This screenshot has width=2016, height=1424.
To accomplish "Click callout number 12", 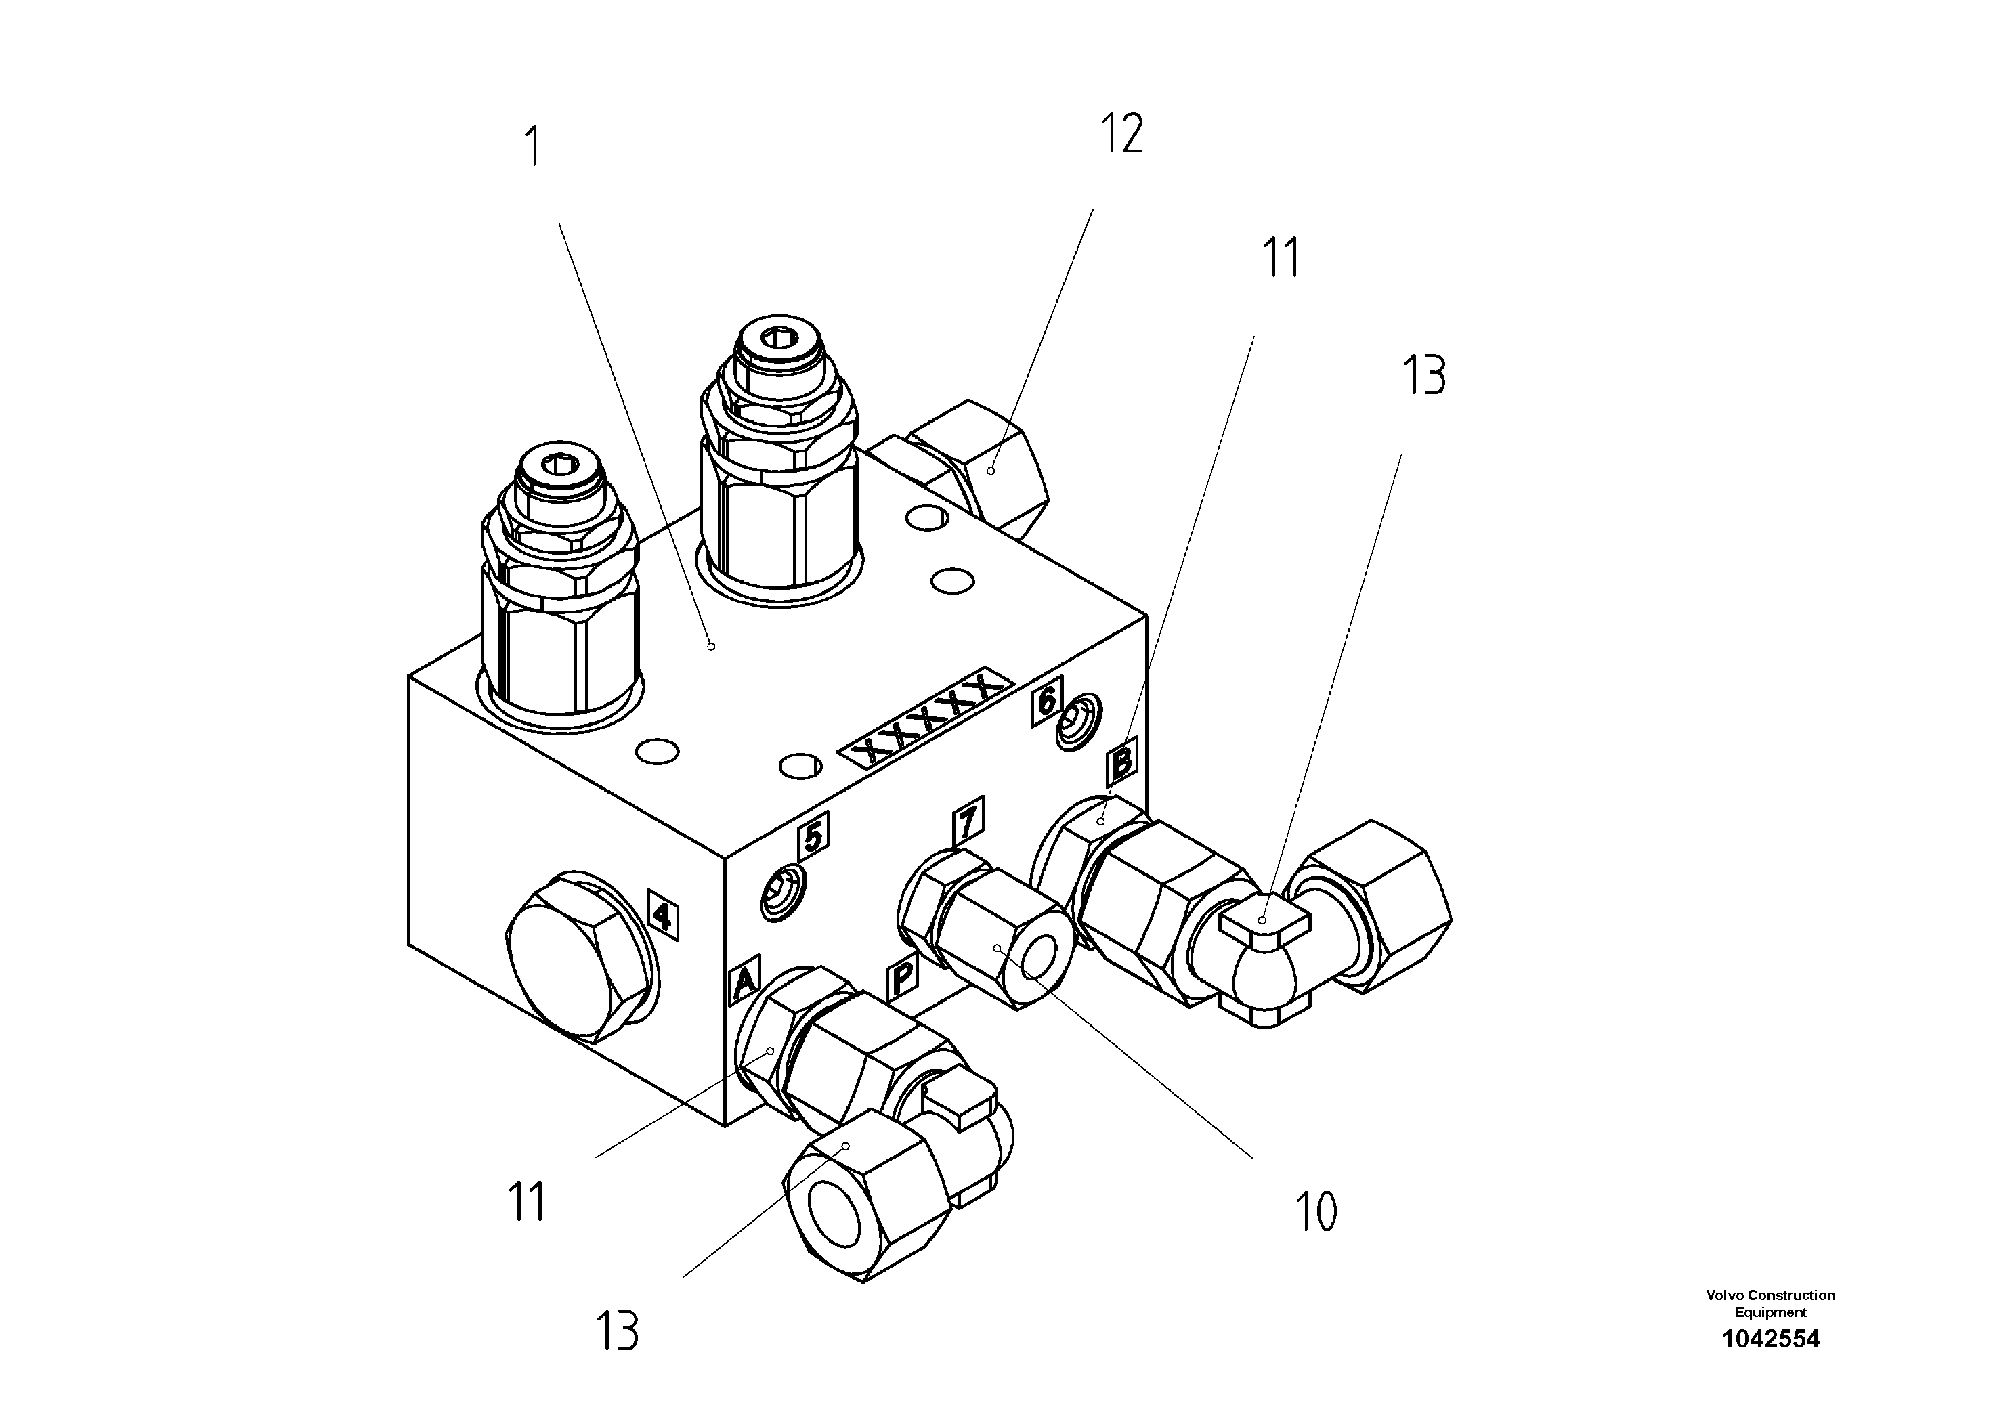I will pyautogui.click(x=1121, y=134).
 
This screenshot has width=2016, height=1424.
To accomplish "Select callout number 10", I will pyautogui.click(x=1315, y=1213).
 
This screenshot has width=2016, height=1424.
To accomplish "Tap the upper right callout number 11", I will pyautogui.click(x=1279, y=258).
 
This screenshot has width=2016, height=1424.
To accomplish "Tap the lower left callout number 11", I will pyautogui.click(x=527, y=1202).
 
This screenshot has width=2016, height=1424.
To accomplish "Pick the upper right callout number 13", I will pyautogui.click(x=1423, y=376).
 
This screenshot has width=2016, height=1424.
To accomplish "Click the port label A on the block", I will pyautogui.click(x=744, y=980).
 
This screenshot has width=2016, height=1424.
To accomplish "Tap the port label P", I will pyautogui.click(x=902, y=977).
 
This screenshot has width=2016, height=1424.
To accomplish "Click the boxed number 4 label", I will pyautogui.click(x=663, y=915).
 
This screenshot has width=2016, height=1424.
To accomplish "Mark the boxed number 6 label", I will pyautogui.click(x=1047, y=702).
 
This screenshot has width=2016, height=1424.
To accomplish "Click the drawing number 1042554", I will pyautogui.click(x=1770, y=1340).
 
